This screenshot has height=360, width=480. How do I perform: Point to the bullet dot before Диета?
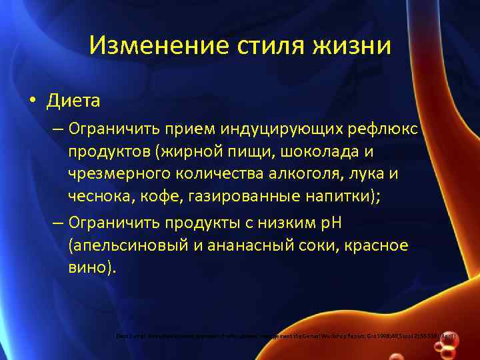coord(33,101)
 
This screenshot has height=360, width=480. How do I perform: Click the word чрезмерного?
coord(116,175)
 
